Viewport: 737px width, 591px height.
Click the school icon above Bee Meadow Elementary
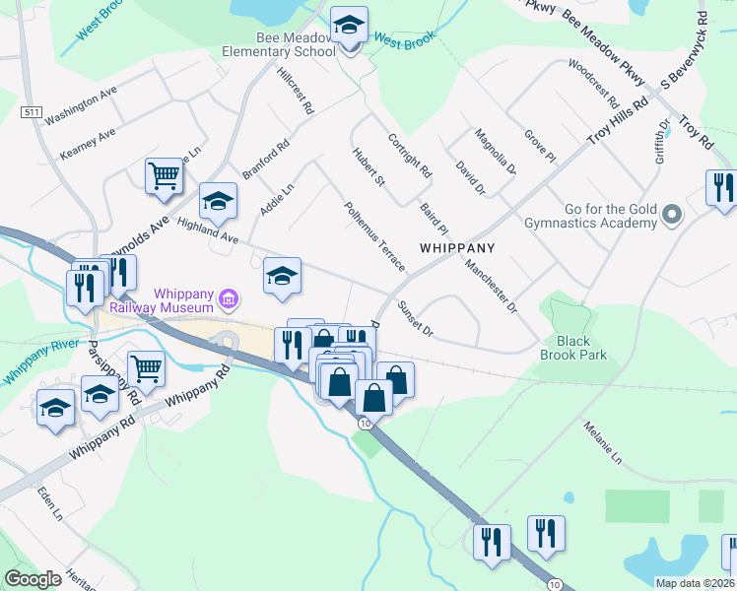(x=347, y=24)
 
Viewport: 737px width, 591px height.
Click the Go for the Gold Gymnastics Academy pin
(x=672, y=214)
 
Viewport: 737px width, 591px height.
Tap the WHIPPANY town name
(x=456, y=247)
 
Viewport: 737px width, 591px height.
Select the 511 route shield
(x=33, y=113)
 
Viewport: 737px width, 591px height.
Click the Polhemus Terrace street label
(x=374, y=237)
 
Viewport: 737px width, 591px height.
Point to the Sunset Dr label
(x=415, y=317)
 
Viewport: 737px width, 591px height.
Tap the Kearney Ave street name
(x=88, y=143)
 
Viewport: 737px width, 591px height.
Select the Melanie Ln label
(x=602, y=445)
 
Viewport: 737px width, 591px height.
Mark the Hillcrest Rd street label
(x=295, y=91)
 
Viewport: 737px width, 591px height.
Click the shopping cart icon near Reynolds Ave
(x=164, y=176)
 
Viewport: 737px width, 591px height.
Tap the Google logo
(x=33, y=579)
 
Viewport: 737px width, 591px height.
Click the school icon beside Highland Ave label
(x=219, y=202)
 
